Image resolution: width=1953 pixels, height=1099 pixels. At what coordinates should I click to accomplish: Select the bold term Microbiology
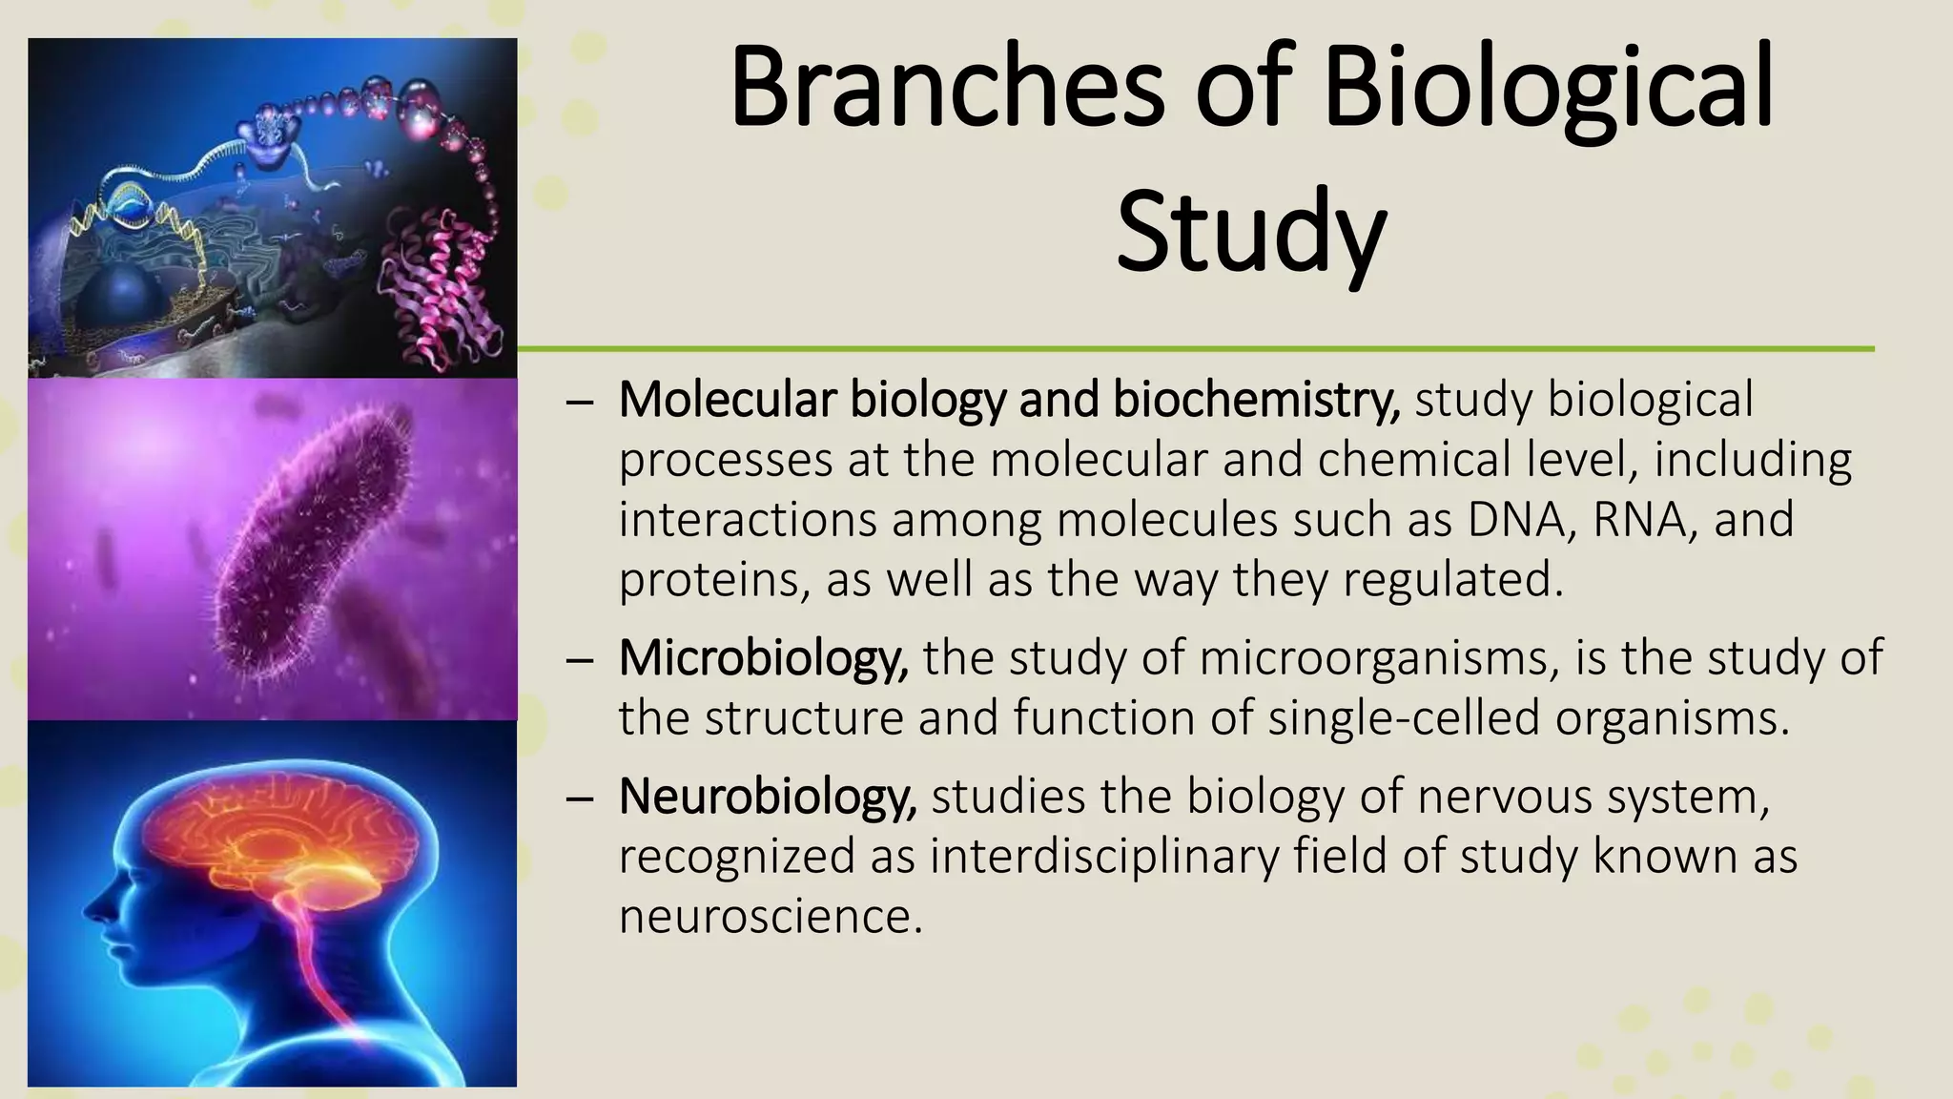pos(763,657)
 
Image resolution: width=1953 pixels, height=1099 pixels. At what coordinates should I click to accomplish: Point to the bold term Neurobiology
pos(768,797)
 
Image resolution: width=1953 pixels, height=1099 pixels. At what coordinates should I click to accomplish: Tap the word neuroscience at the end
pos(771,917)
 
